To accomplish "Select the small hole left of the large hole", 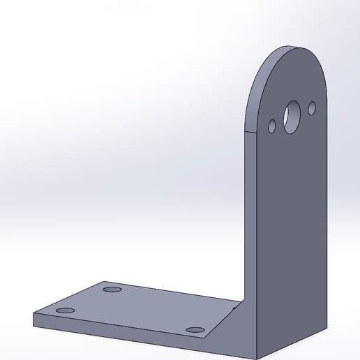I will point(272,126).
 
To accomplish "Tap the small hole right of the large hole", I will point(312,108).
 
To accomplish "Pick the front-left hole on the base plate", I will point(65,310).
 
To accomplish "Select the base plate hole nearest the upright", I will point(195,329).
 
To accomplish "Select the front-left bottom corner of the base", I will point(33,326).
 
